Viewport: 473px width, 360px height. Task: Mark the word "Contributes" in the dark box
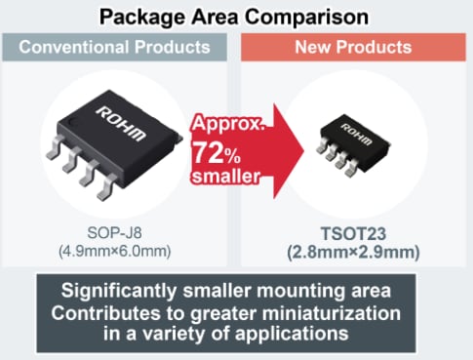tap(113, 313)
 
